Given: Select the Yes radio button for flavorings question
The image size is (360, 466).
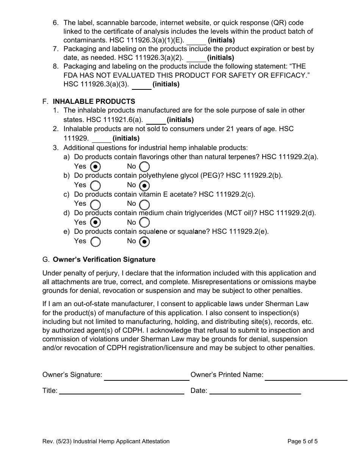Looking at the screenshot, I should point(96,167).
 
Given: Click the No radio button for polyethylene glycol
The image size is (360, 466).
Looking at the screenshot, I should point(144,186).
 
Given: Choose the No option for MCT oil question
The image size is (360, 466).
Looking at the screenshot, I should point(144,222).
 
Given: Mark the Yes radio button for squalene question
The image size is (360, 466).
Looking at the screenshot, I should point(96,241).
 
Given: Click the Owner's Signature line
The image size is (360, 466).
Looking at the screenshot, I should point(146,376).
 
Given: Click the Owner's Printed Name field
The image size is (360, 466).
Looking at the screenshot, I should point(306,376).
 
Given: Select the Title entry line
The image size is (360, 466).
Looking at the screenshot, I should point(121,391).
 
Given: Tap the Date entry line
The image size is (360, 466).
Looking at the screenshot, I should point(255,391).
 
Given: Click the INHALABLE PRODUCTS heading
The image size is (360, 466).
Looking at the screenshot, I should point(94,102).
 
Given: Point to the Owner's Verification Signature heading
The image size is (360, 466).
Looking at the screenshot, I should point(104,260).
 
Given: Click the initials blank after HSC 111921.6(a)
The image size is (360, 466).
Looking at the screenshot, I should point(156,120).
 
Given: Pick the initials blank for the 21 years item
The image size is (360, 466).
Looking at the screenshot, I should point(102,139).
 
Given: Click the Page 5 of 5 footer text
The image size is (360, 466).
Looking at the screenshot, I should point(302,441).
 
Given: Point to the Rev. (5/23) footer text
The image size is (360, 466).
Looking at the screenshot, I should point(106,441).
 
